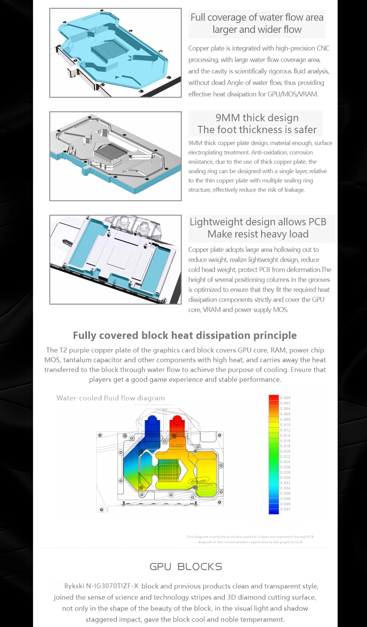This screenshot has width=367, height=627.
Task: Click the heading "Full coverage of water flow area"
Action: [x=257, y=18]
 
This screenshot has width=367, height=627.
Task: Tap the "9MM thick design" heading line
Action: [x=257, y=118]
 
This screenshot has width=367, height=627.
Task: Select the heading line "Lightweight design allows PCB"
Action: [x=258, y=222]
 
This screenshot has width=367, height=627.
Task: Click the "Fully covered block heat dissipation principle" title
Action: [x=185, y=335]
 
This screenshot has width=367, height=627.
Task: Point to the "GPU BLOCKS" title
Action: [x=186, y=567]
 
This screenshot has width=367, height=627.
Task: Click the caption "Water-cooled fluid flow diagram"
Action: [x=110, y=398]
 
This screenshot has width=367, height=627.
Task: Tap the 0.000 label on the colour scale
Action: [x=285, y=398]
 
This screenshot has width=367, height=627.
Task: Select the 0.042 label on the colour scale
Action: [x=285, y=509]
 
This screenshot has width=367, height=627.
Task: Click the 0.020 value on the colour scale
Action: [x=285, y=451]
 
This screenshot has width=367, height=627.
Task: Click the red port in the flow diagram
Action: [x=177, y=425]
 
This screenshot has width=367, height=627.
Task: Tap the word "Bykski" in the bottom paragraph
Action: [x=74, y=586]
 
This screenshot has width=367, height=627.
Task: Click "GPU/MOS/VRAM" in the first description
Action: [x=292, y=94]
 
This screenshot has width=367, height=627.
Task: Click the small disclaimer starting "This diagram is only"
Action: [x=250, y=539]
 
